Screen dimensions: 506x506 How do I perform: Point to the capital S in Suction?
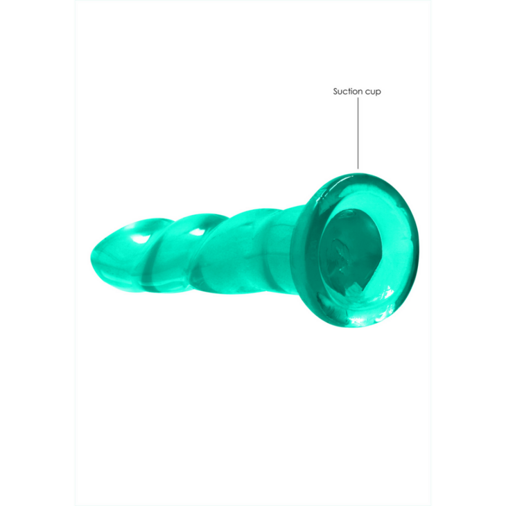pos(335,91)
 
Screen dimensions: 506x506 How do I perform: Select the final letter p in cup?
pos(378,92)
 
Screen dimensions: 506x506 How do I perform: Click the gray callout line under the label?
pos(358,132)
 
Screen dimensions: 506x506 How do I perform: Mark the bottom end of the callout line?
pos(358,168)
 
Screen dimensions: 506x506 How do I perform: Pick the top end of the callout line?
pos(358,98)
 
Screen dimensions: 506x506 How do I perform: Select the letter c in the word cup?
pos(368,91)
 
